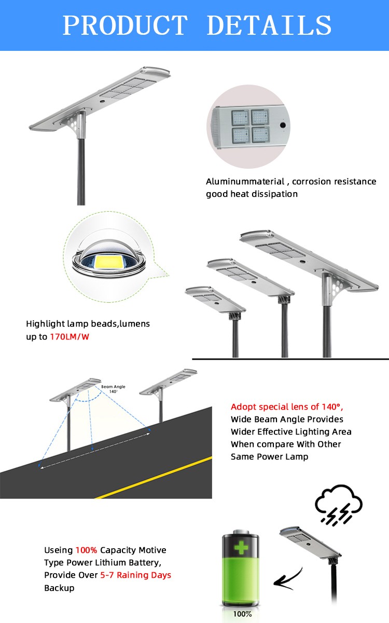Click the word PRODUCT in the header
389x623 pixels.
(x=124, y=25)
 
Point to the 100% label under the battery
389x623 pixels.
(x=242, y=614)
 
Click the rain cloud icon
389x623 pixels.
(x=339, y=503)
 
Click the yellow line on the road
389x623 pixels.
(x=156, y=477)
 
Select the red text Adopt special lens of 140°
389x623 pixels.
(x=287, y=407)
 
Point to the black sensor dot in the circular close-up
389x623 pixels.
(x=283, y=125)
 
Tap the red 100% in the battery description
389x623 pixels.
(x=86, y=550)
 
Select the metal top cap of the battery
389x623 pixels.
(x=242, y=533)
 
